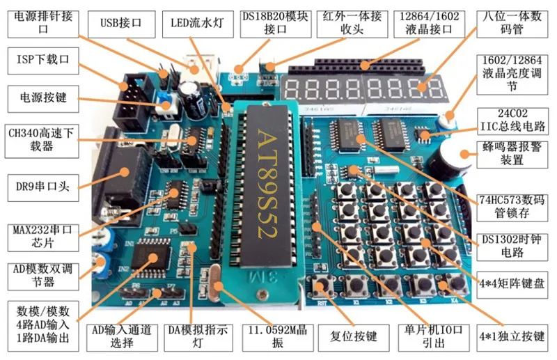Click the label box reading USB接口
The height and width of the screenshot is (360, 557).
[121, 24]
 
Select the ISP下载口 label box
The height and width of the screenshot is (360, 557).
[43, 61]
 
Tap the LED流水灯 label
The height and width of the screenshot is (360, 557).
[198, 24]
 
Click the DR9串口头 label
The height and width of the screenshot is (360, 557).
[43, 187]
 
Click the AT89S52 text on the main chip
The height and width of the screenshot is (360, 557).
[267, 183]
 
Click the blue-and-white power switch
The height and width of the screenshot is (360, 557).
[166, 103]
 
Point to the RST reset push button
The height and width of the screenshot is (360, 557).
[322, 286]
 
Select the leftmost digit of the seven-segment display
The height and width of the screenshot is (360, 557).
[292, 89]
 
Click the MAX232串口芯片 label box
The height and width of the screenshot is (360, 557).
[43, 237]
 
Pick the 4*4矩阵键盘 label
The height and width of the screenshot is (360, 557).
[512, 284]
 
